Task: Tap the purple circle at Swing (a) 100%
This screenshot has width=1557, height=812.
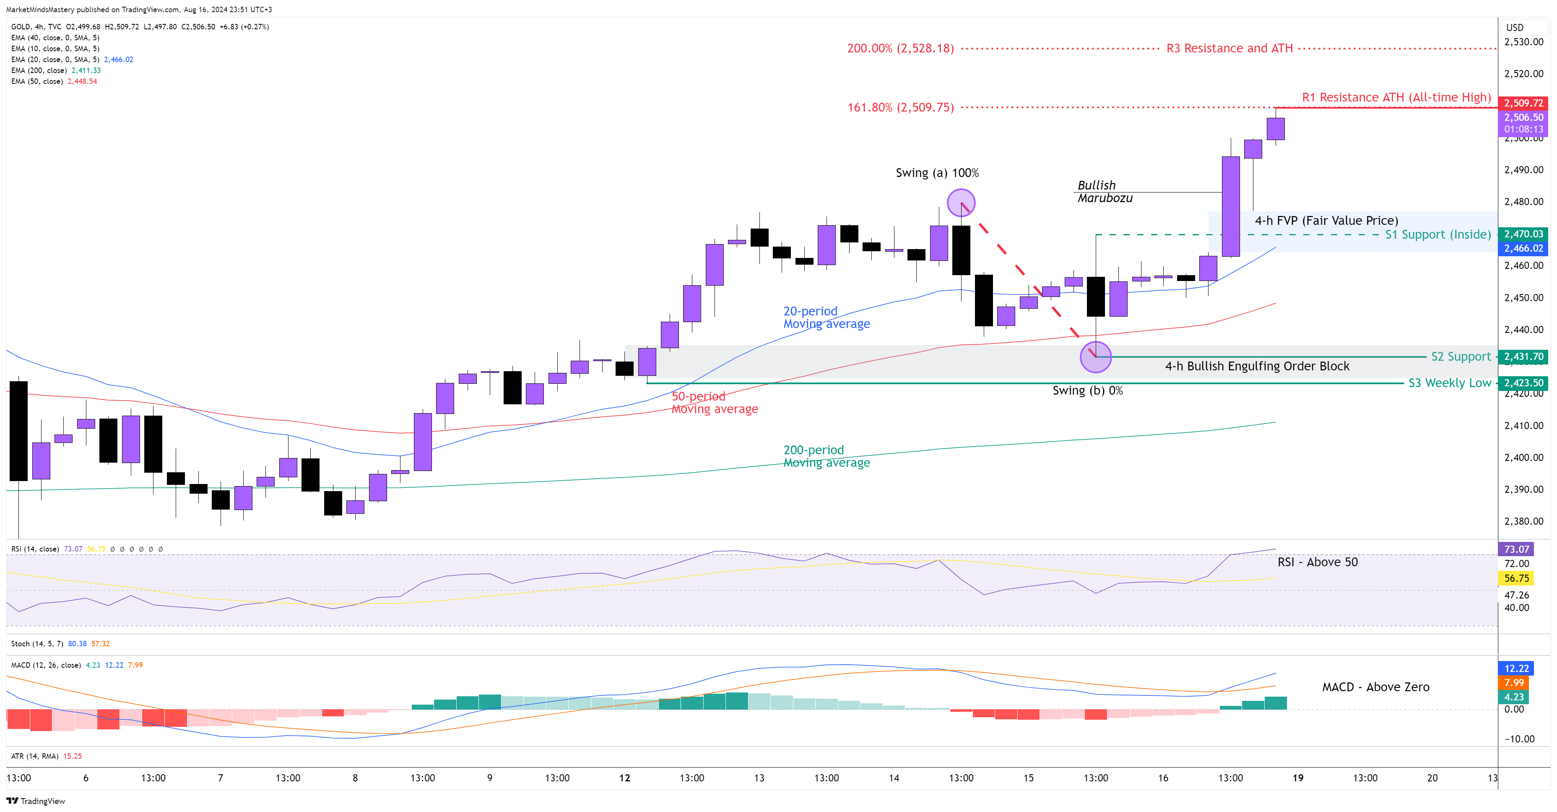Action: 960,203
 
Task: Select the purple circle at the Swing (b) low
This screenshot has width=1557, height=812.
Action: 1095,357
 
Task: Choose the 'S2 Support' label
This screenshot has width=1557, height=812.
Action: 1460,357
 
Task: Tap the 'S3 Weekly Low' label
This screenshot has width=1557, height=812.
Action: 1449,383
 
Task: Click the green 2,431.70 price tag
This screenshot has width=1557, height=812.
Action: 1523,357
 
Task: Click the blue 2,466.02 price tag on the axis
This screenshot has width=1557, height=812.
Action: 1523,248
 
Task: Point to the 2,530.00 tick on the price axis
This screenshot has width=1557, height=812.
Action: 1523,42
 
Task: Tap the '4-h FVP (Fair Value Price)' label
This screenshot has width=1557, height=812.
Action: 1326,221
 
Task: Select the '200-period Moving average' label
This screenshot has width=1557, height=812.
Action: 826,456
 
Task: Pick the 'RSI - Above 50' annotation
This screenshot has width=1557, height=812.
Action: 1317,562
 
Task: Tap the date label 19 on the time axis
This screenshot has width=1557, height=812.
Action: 1298,778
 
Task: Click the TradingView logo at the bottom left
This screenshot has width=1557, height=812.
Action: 36,801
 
